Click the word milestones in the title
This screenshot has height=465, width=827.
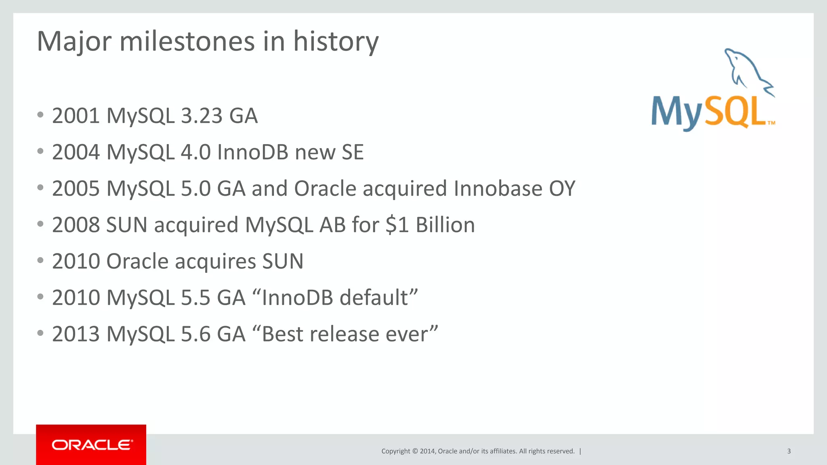pos(187,41)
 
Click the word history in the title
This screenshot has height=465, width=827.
pos(336,41)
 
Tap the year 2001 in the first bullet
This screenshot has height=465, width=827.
pos(76,116)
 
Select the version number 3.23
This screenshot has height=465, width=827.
pos(202,116)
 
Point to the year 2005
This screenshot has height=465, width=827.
pos(76,189)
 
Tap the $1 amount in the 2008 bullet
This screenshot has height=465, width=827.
pos(397,225)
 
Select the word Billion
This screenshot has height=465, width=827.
pos(445,225)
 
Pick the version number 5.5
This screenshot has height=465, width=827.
pos(195,297)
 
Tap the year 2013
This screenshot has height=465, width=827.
pos(76,334)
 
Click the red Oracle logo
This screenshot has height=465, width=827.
pos(91,445)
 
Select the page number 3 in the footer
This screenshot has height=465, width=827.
pos(789,451)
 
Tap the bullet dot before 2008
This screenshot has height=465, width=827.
pos(40,224)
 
